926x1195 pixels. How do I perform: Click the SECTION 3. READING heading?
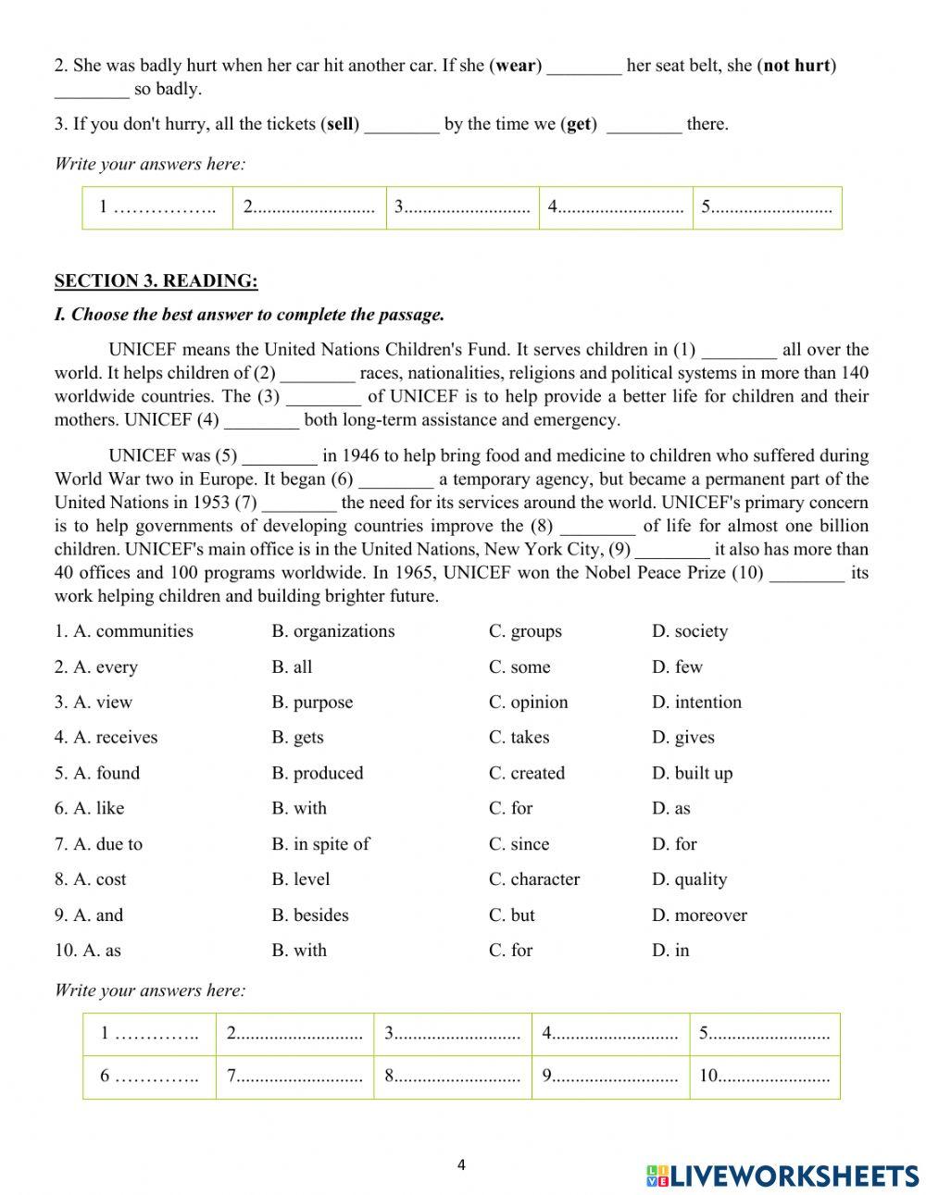point(156,280)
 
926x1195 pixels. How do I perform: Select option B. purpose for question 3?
point(312,703)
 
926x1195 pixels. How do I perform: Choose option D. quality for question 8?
point(689,879)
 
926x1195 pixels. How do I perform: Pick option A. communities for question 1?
point(123,631)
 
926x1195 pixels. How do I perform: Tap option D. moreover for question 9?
point(699,915)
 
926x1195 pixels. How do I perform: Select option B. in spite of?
point(320,844)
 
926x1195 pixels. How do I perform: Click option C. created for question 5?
point(526,773)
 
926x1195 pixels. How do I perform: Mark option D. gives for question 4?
point(682,738)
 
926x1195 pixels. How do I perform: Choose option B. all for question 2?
point(292,667)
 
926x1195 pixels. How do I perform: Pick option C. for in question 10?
point(510,951)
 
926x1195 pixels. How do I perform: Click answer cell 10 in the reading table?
point(764,1077)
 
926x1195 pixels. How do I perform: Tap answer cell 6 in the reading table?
point(149,1077)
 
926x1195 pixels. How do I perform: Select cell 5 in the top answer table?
point(767,207)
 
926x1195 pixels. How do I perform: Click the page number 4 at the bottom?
point(461,1165)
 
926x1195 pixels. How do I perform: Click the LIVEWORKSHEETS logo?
point(782,1176)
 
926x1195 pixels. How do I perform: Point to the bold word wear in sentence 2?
point(517,66)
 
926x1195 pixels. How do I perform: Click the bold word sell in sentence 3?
point(341,124)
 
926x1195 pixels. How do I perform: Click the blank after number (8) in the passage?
point(598,527)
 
